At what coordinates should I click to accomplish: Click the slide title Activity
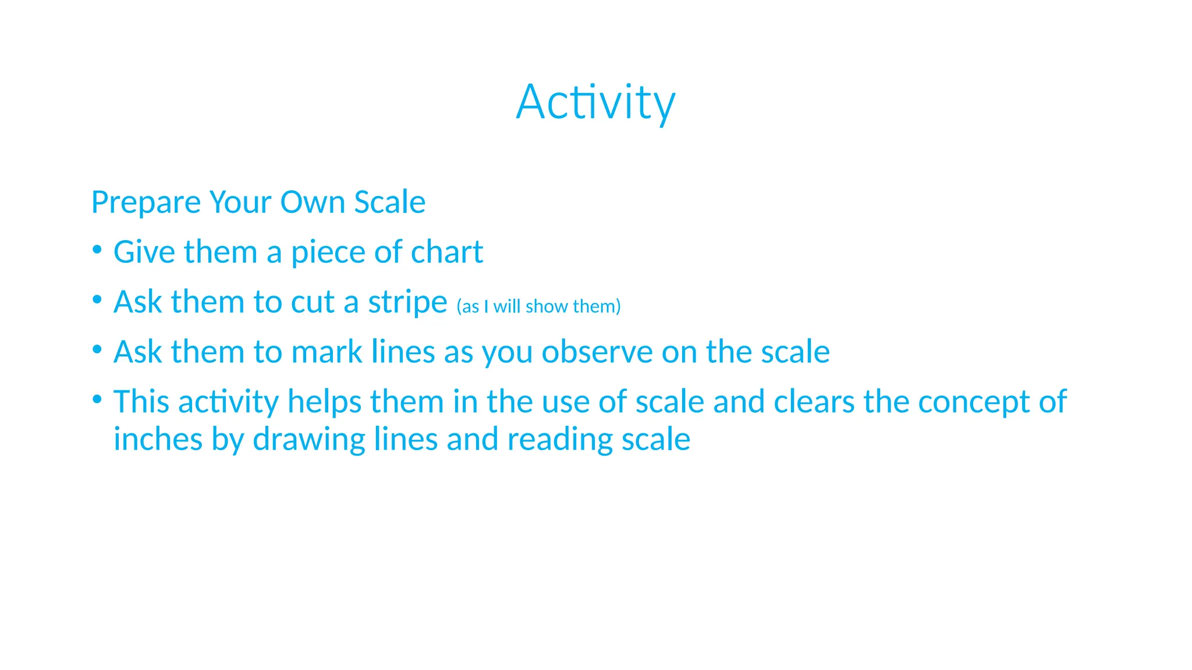[595, 102]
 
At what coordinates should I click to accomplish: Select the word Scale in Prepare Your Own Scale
[389, 202]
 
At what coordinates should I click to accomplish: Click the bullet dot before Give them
[97, 251]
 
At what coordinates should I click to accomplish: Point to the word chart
[446, 252]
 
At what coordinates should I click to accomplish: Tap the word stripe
[407, 302]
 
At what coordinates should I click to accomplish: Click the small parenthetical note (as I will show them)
[538, 306]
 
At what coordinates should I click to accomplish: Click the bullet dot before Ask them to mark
[97, 350]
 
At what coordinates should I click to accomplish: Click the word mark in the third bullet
[327, 352]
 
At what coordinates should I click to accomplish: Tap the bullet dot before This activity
[97, 400]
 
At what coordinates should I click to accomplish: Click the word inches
[157, 439]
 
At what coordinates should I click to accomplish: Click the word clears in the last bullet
[814, 402]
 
